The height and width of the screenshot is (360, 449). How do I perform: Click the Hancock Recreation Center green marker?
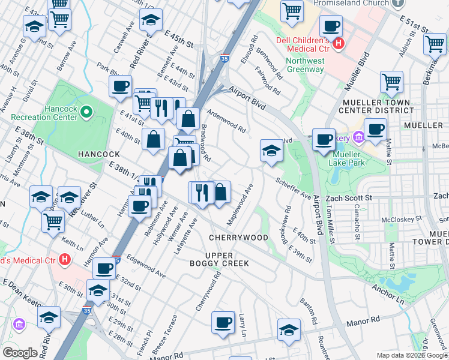(86, 111)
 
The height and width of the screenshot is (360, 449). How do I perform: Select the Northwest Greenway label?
(305, 65)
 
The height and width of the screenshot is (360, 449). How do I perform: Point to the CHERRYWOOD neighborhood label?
(238, 238)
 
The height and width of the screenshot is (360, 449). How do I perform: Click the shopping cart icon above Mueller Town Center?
(391, 82)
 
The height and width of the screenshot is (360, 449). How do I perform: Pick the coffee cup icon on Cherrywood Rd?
(223, 322)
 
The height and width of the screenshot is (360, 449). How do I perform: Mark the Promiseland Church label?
(352, 4)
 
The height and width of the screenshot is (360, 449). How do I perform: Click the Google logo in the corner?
(20, 353)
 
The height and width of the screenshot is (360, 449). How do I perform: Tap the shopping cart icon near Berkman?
(434, 44)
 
